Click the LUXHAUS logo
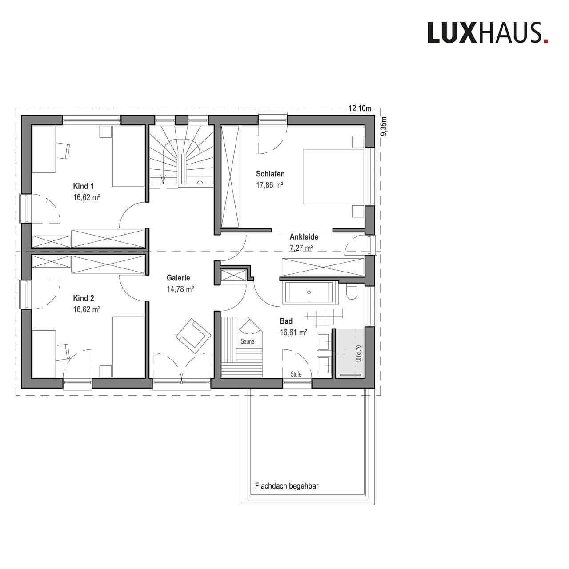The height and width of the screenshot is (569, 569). tap(488, 32)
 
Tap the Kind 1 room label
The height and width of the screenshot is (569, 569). tap(83, 186)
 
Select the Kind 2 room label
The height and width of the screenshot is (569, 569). tap(84, 298)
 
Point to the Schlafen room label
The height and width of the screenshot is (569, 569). tap(270, 174)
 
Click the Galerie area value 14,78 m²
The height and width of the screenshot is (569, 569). tap(180, 289)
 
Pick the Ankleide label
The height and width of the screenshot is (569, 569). tap(304, 237)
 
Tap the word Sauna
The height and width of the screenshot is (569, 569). tap(248, 342)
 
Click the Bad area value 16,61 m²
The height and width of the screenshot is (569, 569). tap(293, 333)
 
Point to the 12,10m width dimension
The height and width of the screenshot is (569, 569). tap(360, 108)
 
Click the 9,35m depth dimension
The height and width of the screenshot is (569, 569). tap(384, 126)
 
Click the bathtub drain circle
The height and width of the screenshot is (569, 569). tap(309, 293)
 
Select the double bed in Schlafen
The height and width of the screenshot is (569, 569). tap(333, 176)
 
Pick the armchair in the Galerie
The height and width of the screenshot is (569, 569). tap(193, 336)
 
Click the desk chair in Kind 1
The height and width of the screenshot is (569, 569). tap(63, 151)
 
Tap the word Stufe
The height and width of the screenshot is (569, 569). tap(296, 374)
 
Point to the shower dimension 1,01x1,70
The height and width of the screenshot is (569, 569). tap(359, 354)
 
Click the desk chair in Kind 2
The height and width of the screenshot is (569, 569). tap(63, 352)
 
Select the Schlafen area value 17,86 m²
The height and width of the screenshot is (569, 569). tap(270, 185)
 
